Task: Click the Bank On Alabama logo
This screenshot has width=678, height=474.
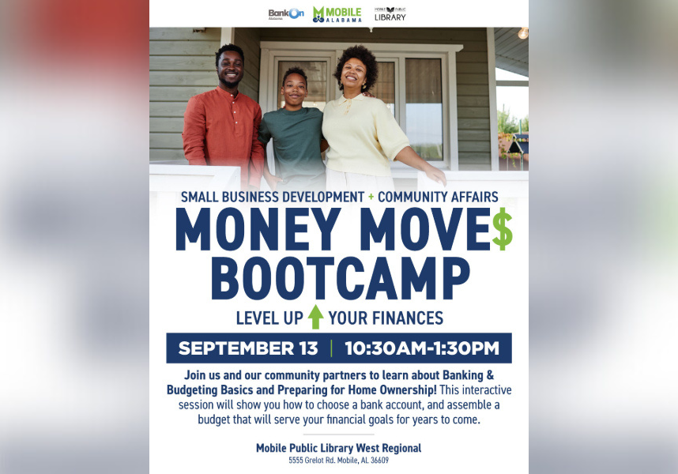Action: pos(285,13)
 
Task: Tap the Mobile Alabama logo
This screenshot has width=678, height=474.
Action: pos(337,14)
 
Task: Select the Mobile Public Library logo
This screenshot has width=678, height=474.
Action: pos(390,13)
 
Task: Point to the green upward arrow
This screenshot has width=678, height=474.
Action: pos(316,318)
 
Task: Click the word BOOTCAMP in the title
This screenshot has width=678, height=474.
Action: pos(341,279)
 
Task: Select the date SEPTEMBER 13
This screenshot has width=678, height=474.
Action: pos(248,348)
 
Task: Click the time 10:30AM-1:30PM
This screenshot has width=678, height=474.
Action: pos(422,348)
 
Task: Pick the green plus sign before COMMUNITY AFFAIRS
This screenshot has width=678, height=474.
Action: pos(371,197)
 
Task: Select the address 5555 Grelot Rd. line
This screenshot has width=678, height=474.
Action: pos(338,461)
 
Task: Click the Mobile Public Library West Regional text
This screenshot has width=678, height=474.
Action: pos(338,448)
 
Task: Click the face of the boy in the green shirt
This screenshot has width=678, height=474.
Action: pos(294,89)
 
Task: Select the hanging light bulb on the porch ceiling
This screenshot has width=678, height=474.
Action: pos(522,32)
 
